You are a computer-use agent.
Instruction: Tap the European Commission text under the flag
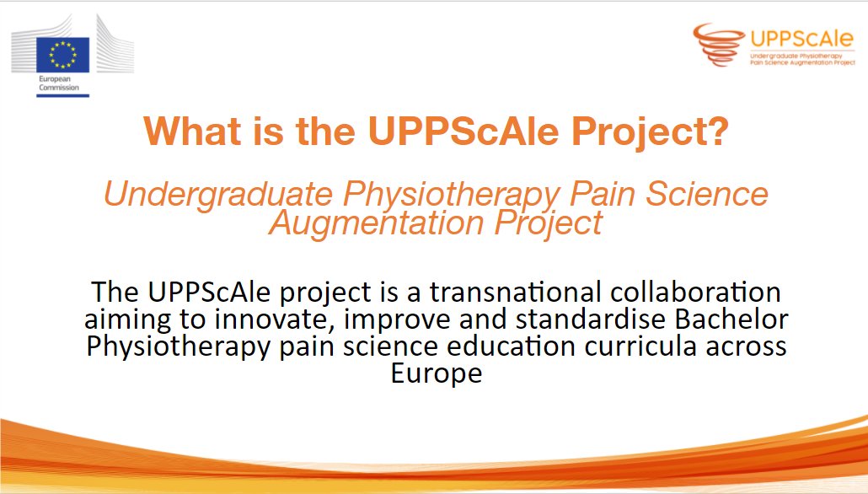pos(56,83)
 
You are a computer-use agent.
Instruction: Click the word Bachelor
pos(725,319)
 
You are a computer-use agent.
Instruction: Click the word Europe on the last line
pos(436,373)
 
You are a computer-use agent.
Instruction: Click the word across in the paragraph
pos(745,346)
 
